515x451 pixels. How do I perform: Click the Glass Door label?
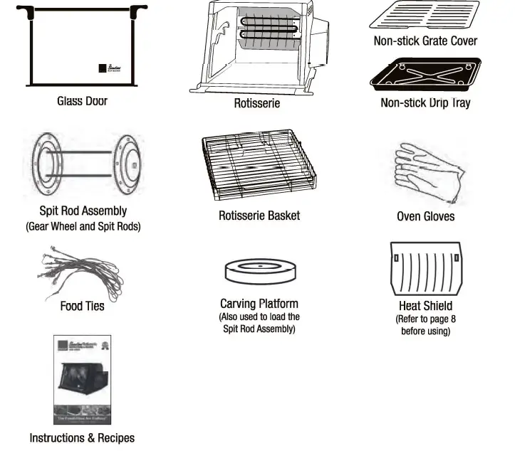(x=82, y=101)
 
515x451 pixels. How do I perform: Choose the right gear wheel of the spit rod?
(x=129, y=163)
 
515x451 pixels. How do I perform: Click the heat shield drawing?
(x=425, y=270)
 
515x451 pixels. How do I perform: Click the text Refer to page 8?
(x=425, y=319)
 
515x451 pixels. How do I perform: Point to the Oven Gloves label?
(x=425, y=216)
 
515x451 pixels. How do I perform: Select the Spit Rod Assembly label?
(x=83, y=211)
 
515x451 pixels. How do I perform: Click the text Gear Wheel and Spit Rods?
(x=83, y=227)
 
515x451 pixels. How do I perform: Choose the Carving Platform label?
(x=259, y=304)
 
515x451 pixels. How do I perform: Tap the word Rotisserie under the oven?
(x=257, y=104)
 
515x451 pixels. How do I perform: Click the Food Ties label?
(x=82, y=307)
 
